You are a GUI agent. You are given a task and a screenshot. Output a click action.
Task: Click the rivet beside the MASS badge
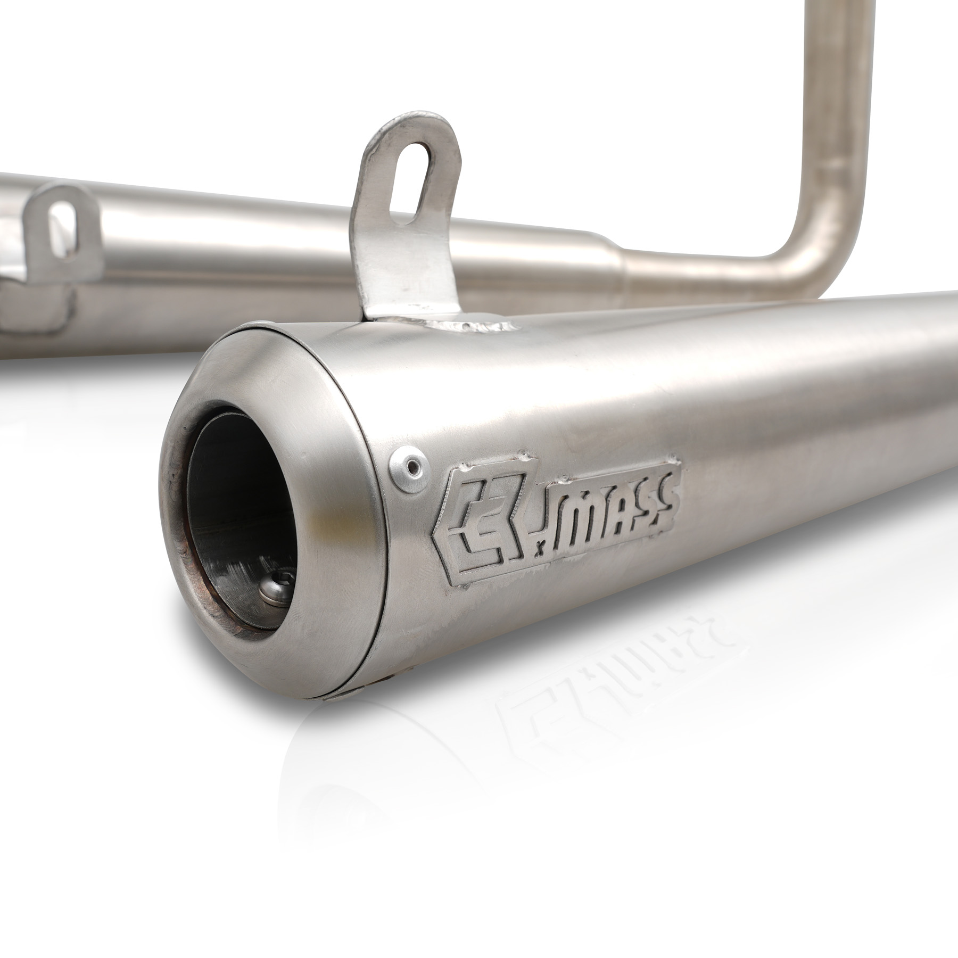click(410, 468)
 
